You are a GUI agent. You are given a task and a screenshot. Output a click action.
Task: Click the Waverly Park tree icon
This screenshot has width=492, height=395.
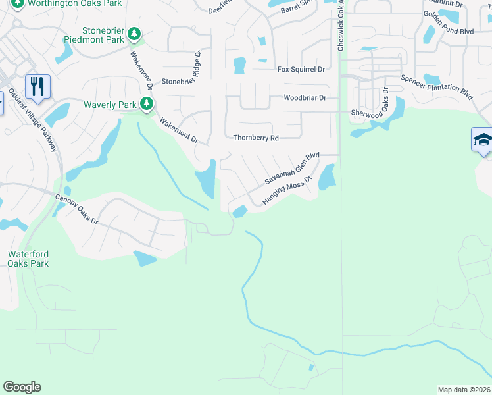pyautogui.click(x=146, y=104)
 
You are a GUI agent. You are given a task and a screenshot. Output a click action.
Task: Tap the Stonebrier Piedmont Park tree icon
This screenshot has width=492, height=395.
pyautogui.click(x=134, y=33)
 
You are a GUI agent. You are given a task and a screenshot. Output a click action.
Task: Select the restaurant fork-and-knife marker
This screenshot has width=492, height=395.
pyautogui.click(x=37, y=86)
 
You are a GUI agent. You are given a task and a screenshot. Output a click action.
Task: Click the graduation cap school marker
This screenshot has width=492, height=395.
pyautogui.click(x=482, y=140)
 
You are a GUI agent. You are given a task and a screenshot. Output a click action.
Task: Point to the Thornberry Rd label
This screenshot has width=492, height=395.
pyautogui.click(x=257, y=138)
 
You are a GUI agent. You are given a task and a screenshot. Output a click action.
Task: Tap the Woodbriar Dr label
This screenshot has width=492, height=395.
pyautogui.click(x=305, y=98)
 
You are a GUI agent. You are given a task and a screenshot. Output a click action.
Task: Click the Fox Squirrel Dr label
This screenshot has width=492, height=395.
pyautogui.click(x=301, y=69)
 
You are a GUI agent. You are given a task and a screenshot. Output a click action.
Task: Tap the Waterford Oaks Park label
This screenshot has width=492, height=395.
pyautogui.click(x=28, y=259)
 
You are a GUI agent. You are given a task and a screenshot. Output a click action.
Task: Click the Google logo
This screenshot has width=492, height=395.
pyautogui.click(x=22, y=387)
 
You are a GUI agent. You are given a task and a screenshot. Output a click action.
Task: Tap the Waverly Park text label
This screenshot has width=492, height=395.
pyautogui.click(x=109, y=105)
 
